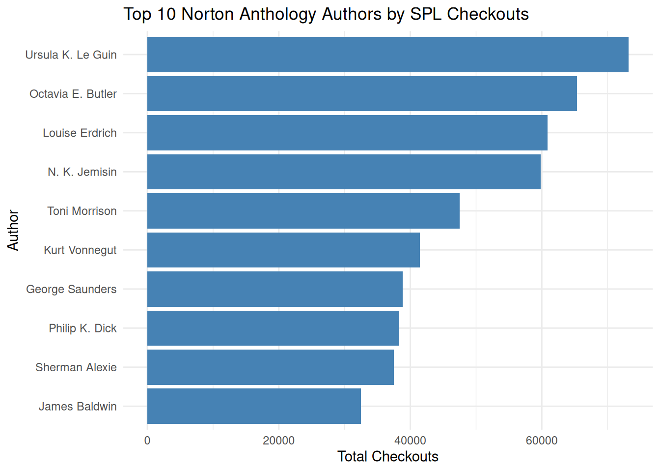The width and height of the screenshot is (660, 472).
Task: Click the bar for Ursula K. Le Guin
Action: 388,55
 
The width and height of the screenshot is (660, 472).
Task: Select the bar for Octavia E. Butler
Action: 362,93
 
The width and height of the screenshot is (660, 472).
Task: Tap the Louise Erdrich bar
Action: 347,133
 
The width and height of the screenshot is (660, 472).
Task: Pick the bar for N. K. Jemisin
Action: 344,172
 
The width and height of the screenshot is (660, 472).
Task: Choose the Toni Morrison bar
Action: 303,211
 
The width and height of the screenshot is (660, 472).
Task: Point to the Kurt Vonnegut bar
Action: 283,250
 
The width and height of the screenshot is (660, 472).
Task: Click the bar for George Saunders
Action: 275,289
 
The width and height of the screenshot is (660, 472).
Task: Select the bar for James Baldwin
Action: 254,406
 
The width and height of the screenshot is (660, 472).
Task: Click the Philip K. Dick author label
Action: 82,328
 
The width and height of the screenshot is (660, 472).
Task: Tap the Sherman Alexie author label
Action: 76,367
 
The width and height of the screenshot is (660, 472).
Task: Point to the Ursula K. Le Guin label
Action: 71,55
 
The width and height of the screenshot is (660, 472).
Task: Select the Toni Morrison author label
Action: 82,211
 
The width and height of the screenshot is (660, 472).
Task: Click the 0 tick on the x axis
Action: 147,441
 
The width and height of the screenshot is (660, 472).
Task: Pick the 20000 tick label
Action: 278,441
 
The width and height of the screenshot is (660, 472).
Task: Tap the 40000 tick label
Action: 410,441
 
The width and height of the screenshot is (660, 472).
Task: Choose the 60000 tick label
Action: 542,441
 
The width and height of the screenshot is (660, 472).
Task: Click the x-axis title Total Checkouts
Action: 387,457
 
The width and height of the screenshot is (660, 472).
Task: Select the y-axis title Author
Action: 13,230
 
